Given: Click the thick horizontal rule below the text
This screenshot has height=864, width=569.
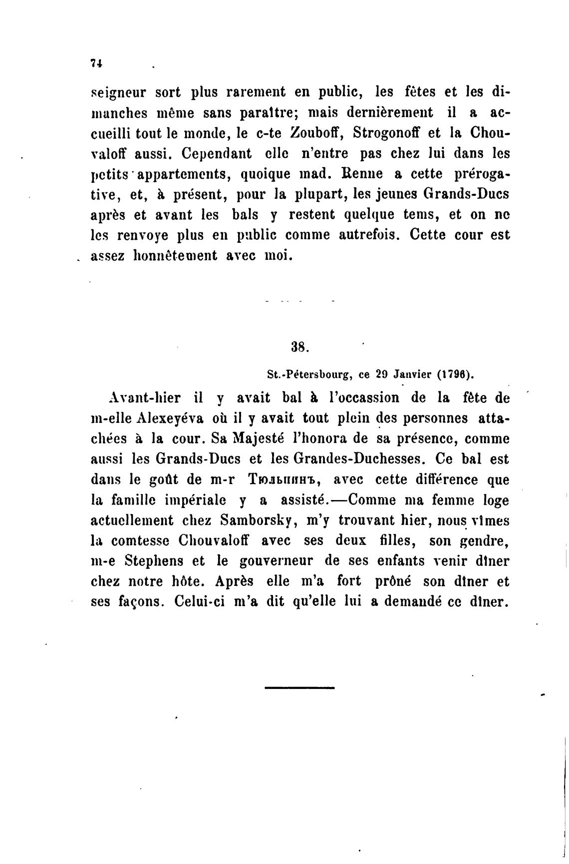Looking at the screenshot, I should coord(299,688).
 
